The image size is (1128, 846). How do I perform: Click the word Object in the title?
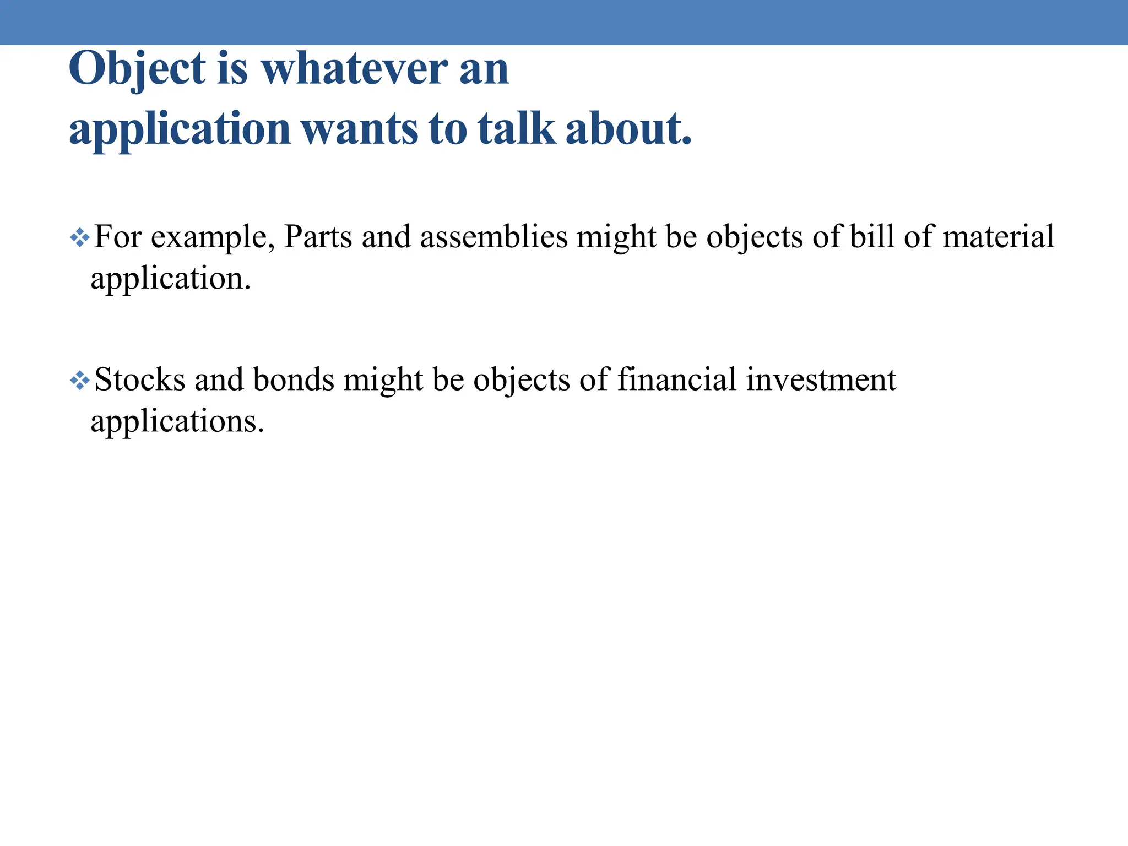click(137, 69)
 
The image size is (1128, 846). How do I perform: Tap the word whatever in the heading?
click(354, 69)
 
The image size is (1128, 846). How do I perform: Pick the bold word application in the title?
click(180, 130)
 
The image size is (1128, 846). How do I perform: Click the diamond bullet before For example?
click(80, 238)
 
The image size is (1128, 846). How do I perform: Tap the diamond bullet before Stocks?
click(80, 381)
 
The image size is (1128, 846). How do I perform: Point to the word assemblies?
click(493, 237)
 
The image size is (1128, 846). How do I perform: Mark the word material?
click(998, 237)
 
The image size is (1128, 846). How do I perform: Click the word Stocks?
click(140, 379)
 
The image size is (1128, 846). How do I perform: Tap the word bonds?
click(293, 379)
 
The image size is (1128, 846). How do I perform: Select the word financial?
click(676, 379)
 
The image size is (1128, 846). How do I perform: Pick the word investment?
click(821, 379)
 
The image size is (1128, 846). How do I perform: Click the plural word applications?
click(177, 422)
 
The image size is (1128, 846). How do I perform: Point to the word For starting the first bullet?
click(118, 237)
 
